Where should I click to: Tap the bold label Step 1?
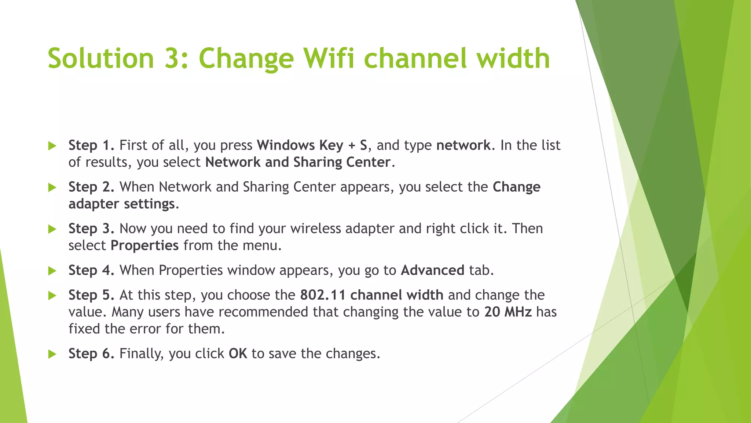click(x=91, y=145)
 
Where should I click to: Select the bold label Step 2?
click(x=91, y=187)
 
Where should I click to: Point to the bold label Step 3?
click(x=91, y=228)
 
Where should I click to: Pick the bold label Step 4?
click(x=91, y=270)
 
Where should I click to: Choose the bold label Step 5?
click(x=91, y=295)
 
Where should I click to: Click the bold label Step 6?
click(x=91, y=353)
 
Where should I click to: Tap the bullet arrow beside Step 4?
click(x=52, y=271)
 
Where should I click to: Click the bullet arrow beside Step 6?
click(x=52, y=354)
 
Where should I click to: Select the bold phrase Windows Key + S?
click(x=312, y=145)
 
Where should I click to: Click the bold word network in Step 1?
click(x=463, y=145)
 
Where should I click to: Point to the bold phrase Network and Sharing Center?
click(x=298, y=162)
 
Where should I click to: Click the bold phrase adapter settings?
click(x=122, y=204)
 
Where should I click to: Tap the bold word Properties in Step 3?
click(x=144, y=245)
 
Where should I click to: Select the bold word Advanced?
click(x=433, y=270)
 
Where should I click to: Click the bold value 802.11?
click(x=323, y=295)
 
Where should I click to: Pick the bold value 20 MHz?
click(x=508, y=312)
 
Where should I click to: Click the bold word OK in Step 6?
click(x=238, y=353)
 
